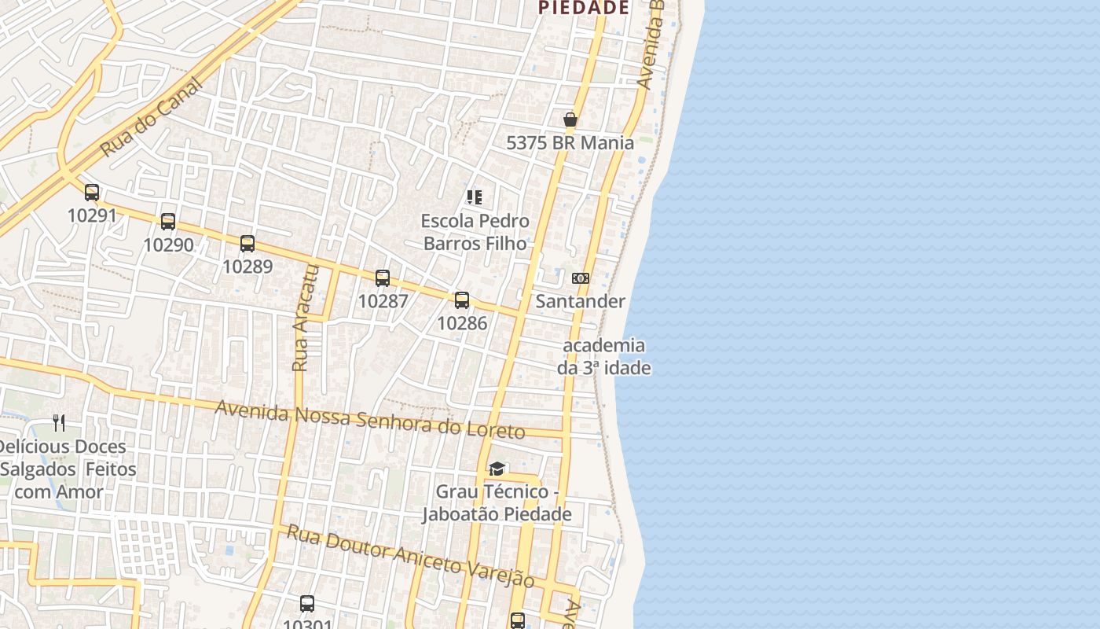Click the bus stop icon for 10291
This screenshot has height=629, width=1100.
(92, 192)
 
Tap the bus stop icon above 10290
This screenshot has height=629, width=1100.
(168, 221)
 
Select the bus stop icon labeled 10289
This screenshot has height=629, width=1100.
(247, 243)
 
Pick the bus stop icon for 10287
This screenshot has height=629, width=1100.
(383, 278)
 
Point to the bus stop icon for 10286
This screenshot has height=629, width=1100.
(462, 300)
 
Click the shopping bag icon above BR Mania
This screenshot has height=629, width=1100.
(570, 120)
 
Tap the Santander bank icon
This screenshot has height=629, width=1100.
(581, 278)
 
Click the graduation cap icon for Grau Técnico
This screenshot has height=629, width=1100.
(497, 469)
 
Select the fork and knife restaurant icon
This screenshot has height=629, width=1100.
(59, 423)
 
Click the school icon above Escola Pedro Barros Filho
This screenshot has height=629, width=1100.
(475, 197)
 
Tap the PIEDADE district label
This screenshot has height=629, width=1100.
(583, 8)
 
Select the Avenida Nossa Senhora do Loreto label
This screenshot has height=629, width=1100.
(369, 420)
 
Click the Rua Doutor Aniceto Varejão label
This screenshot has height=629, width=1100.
(410, 556)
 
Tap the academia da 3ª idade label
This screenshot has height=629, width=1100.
(604, 356)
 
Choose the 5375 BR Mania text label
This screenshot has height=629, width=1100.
(570, 142)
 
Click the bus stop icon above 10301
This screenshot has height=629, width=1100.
(307, 604)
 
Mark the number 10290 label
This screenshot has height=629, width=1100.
(168, 245)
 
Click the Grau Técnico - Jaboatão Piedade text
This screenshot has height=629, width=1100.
(497, 503)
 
